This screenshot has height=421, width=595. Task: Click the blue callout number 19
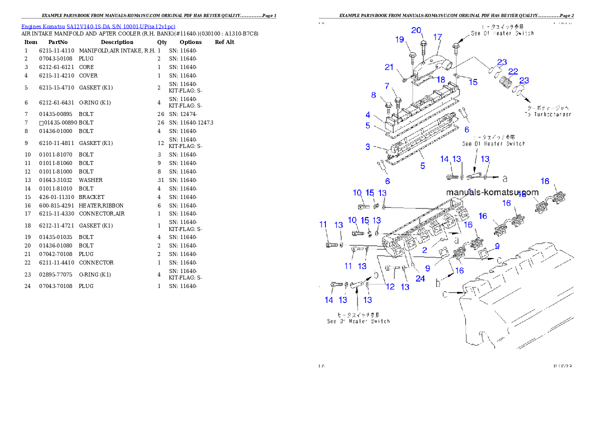tap(399, 39)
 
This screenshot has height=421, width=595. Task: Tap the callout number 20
tap(416, 30)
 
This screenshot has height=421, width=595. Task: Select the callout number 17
tap(437, 37)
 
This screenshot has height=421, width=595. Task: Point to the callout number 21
tap(389, 67)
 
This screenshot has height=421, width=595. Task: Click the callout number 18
tap(441, 79)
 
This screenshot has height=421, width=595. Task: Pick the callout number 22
tap(513, 71)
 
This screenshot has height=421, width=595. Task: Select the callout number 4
tap(367, 115)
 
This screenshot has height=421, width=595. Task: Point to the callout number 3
tap(367, 146)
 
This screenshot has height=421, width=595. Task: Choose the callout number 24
tap(420, 278)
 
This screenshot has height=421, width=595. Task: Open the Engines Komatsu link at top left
tap(98, 26)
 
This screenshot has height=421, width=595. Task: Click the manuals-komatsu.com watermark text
tap(492, 192)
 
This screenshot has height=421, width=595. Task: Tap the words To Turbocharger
tap(547, 114)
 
